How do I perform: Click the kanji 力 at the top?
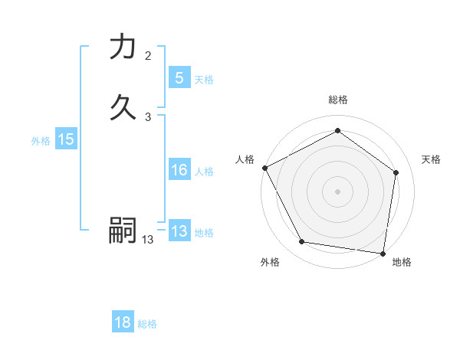[123, 47]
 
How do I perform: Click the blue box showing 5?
[179, 78]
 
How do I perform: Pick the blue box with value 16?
[179, 171]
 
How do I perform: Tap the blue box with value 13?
[179, 231]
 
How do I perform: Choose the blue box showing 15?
[65, 139]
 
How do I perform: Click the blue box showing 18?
[123, 322]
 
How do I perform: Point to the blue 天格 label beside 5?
[204, 80]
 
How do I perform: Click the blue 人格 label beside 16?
[204, 172]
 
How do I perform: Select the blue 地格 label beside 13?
[204, 233]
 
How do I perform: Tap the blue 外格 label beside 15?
[41, 141]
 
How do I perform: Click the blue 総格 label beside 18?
[147, 324]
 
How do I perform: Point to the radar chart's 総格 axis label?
[337, 100]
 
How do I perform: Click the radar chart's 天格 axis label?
[431, 159]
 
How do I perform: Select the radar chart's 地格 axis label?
[402, 262]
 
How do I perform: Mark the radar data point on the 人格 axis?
[264, 168]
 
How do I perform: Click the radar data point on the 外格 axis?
[302, 242]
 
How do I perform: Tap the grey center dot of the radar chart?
[337, 191]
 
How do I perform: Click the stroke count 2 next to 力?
[148, 56]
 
